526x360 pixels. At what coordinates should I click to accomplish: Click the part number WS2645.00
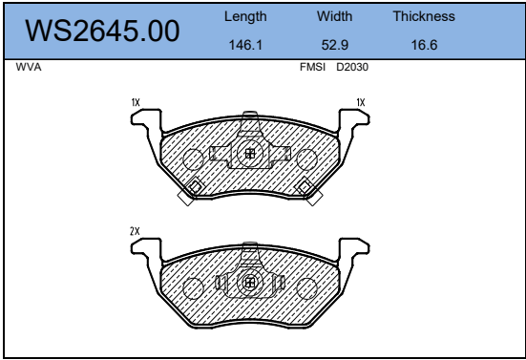tap(102, 31)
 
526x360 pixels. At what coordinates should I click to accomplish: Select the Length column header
tap(245, 16)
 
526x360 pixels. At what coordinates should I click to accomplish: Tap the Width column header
tap(334, 16)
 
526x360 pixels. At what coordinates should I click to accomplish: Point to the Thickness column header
tap(424, 16)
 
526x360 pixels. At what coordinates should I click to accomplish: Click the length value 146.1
tap(245, 45)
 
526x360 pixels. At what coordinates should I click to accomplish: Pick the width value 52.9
tap(335, 45)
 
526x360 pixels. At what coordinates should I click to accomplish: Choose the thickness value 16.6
tap(425, 45)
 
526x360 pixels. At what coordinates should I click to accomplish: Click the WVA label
tap(29, 67)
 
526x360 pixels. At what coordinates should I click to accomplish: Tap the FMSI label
tap(312, 67)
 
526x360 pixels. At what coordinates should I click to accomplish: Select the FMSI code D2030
tap(352, 67)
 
